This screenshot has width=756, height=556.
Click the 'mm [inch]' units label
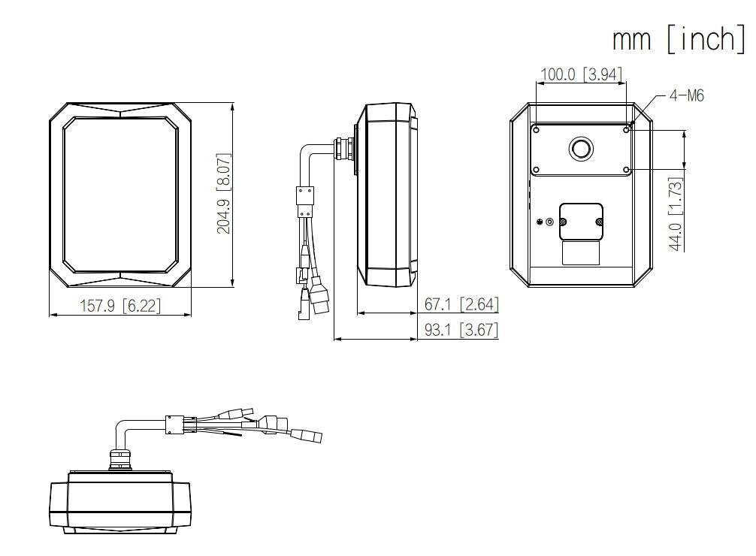679,39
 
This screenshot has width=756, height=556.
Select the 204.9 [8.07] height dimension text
223,193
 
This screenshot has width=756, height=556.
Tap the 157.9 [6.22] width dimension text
120,305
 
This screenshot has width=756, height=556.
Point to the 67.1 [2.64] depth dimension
461,304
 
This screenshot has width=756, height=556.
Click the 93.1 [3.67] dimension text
461,330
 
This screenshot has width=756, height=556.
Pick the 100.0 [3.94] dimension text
582,74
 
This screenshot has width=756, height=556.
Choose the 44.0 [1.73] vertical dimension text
676,214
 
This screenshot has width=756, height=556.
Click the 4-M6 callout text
687,95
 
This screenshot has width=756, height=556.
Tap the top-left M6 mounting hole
536,129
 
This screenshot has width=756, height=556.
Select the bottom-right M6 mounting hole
626,170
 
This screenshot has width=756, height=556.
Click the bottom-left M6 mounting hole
536,170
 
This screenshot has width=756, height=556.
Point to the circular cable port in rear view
581,149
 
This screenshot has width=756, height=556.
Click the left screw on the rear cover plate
563,222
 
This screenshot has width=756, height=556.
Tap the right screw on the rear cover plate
599,222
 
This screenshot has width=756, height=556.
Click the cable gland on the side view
343,148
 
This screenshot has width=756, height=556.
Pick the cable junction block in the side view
304,203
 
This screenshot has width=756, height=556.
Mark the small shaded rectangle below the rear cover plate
581,252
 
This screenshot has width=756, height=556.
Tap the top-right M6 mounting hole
626,129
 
